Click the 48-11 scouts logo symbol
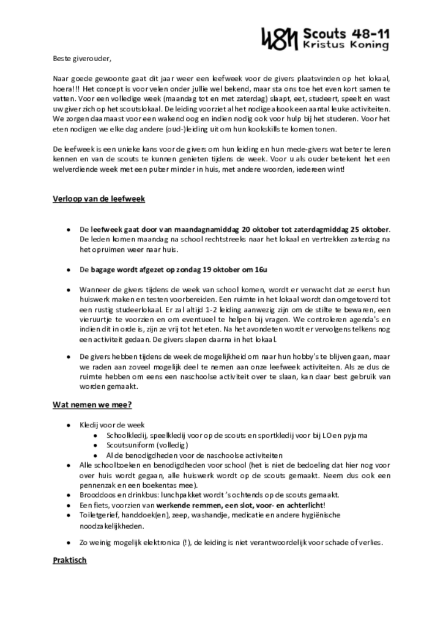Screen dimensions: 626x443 [x=279, y=39]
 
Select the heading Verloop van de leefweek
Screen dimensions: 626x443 [x=99, y=199]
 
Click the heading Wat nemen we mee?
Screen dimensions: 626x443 [x=92, y=404]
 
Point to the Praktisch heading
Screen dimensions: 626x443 [x=70, y=560]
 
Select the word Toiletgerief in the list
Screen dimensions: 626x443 [x=98, y=515]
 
